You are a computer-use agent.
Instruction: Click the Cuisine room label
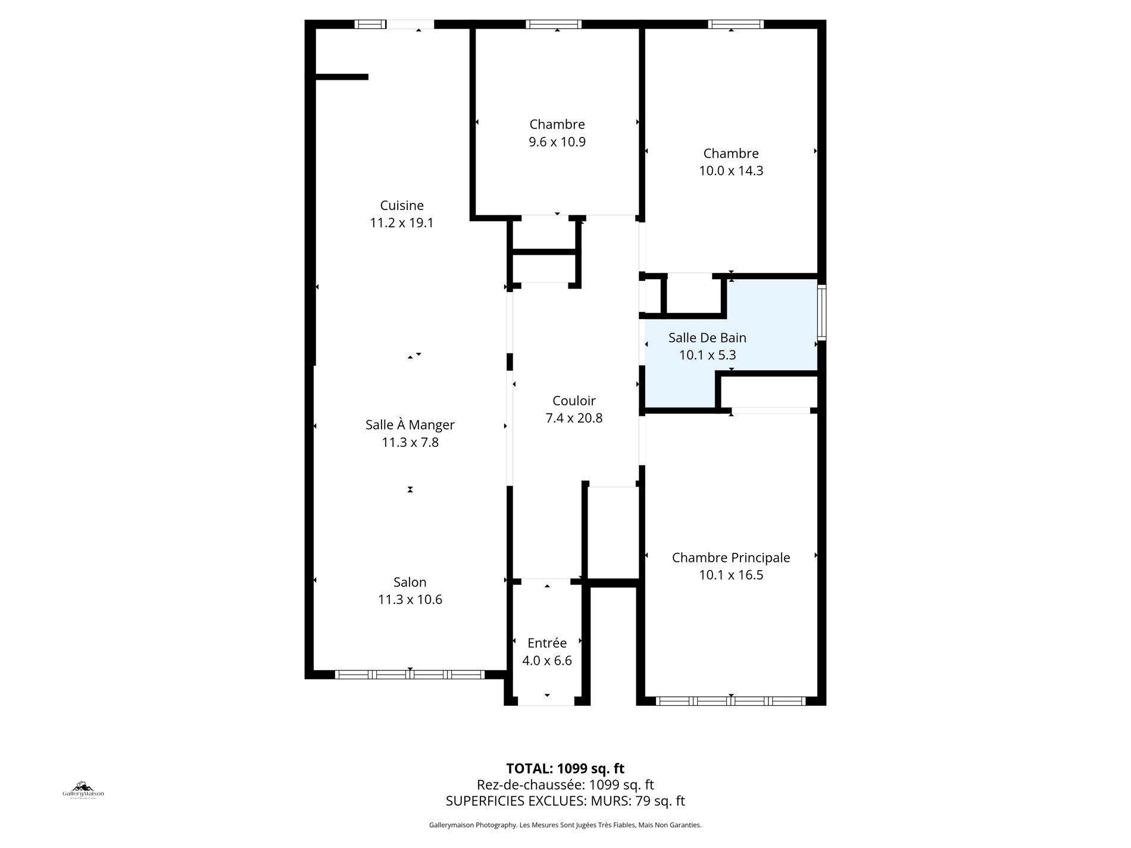pyautogui.click(x=402, y=206)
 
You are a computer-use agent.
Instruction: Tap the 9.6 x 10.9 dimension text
pyautogui.click(x=557, y=142)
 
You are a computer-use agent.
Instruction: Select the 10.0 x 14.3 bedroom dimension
pyautogui.click(x=731, y=171)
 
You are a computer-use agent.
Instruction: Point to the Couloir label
pyautogui.click(x=574, y=401)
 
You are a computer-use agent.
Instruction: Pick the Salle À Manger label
pyautogui.click(x=410, y=425)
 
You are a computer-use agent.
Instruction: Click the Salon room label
pyautogui.click(x=410, y=583)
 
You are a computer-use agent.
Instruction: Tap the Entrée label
pyautogui.click(x=546, y=643)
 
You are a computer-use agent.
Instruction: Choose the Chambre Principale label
pyautogui.click(x=731, y=558)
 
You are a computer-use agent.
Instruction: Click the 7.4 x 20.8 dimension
pyautogui.click(x=574, y=418)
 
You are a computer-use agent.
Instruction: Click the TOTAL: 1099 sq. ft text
pyautogui.click(x=565, y=768)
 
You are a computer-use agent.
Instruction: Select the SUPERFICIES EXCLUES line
pyautogui.click(x=565, y=801)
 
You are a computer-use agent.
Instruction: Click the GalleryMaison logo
pyautogui.click(x=83, y=790)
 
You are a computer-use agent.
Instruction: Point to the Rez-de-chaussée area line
pyautogui.click(x=565, y=785)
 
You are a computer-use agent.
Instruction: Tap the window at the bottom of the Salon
pyautogui.click(x=410, y=675)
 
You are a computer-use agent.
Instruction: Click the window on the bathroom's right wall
pyautogui.click(x=821, y=312)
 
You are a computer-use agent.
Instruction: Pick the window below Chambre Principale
pyautogui.click(x=730, y=701)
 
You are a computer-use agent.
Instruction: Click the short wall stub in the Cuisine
pyautogui.click(x=342, y=77)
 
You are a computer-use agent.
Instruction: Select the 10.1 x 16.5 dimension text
pyautogui.click(x=731, y=575)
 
